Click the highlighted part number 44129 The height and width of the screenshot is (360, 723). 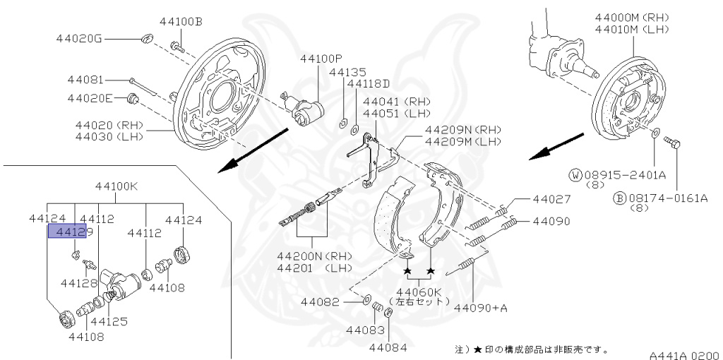click(66, 232)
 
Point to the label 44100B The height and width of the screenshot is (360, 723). click(181, 22)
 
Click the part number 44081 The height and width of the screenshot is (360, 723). click(85, 80)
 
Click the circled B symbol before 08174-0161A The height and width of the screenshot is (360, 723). click(619, 198)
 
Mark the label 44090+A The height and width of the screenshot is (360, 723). click(481, 308)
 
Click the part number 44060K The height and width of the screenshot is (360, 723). click(417, 292)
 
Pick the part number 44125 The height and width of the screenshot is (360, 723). click(108, 321)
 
